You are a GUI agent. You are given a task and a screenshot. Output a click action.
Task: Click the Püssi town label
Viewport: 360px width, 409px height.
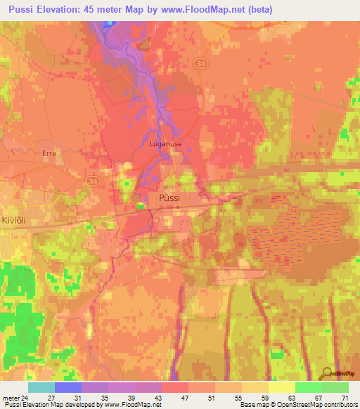pyautogui.click(x=169, y=198)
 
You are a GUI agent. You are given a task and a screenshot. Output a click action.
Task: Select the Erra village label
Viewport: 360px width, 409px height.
pyautogui.click(x=49, y=152)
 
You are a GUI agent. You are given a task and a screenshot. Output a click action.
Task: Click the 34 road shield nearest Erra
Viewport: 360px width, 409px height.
pyautogui.click(x=93, y=181)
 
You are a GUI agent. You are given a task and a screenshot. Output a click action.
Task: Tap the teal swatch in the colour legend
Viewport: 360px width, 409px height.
pyautogui.click(x=41, y=387)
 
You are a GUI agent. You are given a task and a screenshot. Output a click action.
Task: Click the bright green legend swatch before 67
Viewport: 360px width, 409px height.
pyautogui.click(x=308, y=387)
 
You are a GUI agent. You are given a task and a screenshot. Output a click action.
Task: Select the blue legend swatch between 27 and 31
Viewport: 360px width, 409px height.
pyautogui.click(x=67, y=387)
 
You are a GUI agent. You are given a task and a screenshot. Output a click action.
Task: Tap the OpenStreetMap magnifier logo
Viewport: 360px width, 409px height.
pyautogui.click(x=328, y=373)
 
